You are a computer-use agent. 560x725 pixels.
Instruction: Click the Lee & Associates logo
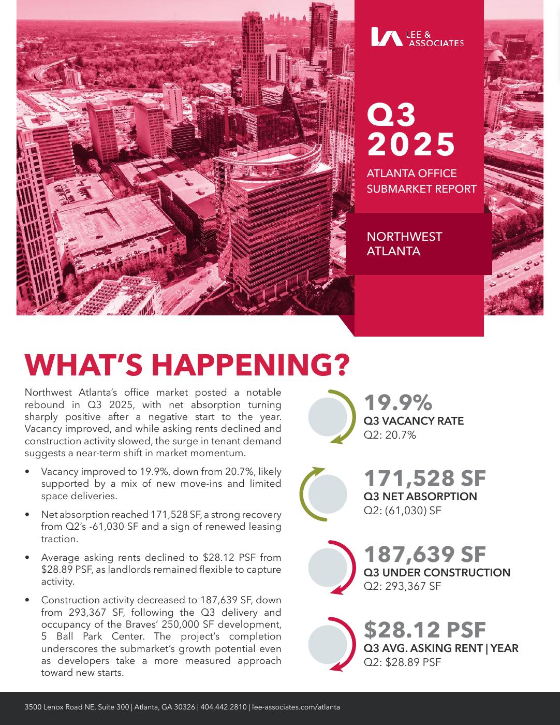click(x=417, y=37)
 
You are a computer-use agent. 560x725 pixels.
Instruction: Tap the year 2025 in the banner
click(x=411, y=144)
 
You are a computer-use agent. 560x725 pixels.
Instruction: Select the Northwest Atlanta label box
click(x=419, y=244)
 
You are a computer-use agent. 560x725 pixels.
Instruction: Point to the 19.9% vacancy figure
click(x=398, y=403)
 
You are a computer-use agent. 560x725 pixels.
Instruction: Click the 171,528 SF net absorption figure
click(x=424, y=479)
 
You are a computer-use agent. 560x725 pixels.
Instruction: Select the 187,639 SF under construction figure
click(x=424, y=554)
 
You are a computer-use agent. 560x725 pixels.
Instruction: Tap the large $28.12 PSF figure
click(x=424, y=630)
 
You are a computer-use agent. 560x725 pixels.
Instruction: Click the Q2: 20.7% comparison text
click(x=390, y=435)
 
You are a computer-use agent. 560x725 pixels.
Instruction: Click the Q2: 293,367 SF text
click(x=402, y=586)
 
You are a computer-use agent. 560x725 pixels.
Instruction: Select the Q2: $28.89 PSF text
click(x=402, y=662)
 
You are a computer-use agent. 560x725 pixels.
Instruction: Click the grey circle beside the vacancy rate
click(x=328, y=416)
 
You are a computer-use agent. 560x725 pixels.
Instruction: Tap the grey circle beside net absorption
click(x=328, y=492)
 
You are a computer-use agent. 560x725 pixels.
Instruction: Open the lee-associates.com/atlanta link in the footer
click(x=296, y=707)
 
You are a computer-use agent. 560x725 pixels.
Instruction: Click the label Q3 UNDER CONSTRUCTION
click(x=437, y=573)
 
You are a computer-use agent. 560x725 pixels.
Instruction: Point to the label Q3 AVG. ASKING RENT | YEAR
click(x=441, y=648)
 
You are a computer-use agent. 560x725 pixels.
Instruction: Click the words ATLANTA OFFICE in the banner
click(x=411, y=173)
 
